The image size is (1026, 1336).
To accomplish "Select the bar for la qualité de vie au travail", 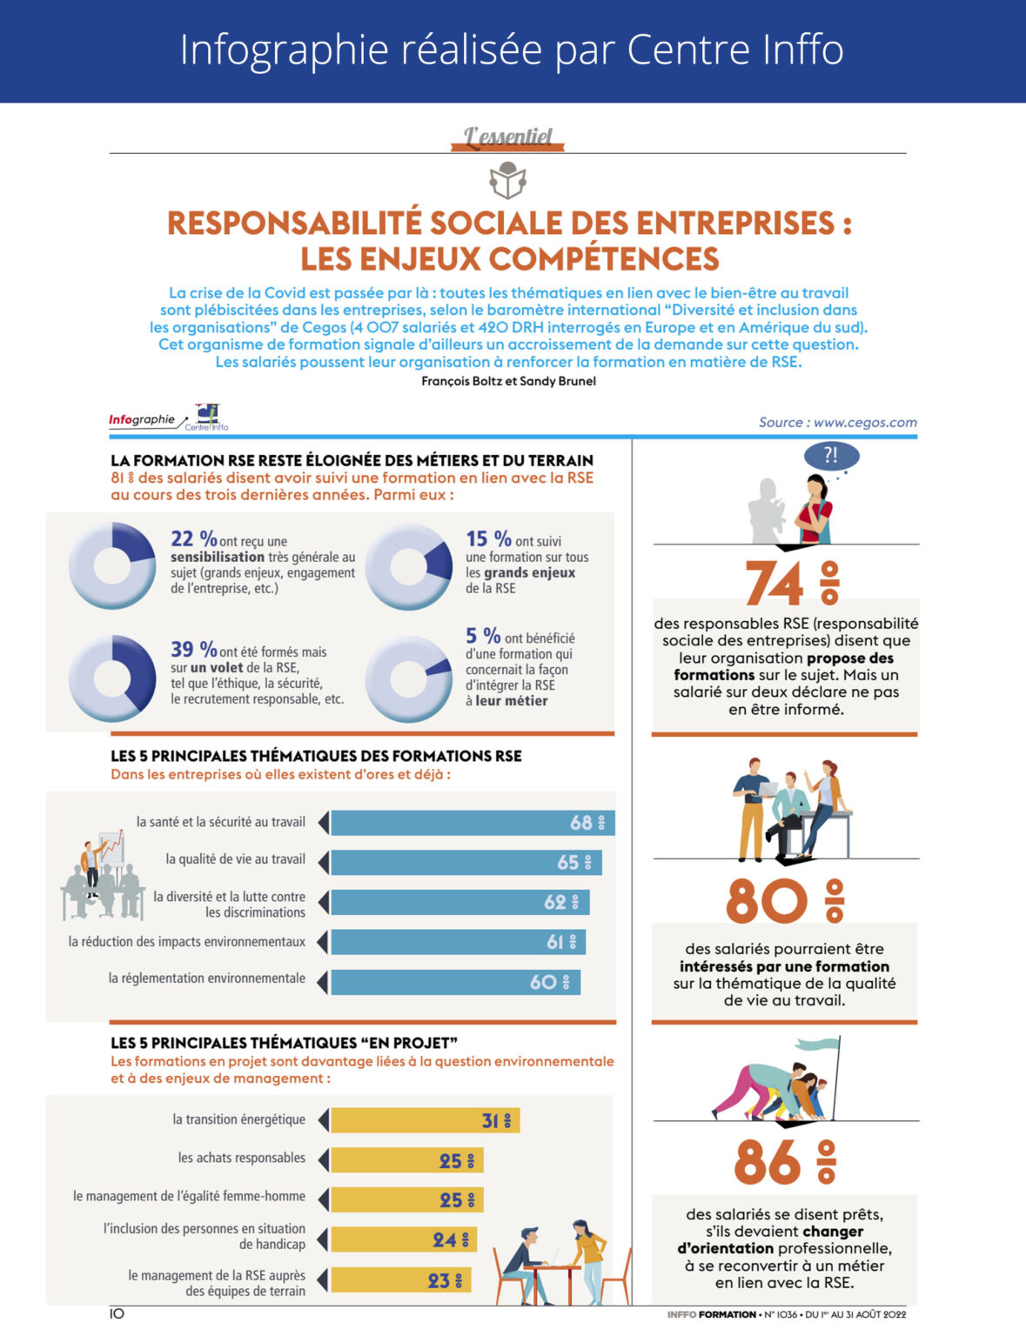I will pos(466,862).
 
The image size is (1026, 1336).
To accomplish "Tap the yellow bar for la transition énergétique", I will pos(425,1120).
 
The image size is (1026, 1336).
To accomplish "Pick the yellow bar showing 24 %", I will pos(403,1239).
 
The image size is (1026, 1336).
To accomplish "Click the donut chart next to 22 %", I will pos(112,566).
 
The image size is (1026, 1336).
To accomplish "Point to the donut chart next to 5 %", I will pos(408,678).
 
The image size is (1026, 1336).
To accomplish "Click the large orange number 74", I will pos(774,583).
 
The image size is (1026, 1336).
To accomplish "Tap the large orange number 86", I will pos(767,1162).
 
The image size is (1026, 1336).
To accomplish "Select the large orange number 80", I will pos(767,901).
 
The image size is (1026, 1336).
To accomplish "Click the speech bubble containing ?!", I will pos(831,455).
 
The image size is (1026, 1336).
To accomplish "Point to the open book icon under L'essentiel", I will pos(507,181).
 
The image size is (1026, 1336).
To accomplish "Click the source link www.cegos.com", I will pos(864,422).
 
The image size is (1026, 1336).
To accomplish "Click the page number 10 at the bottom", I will pos(117,1313).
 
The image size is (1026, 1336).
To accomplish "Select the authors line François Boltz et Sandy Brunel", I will pos(508,381).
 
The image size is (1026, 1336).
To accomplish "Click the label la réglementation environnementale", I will pos(206,979).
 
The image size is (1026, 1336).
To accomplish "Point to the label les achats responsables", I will pos(241,1158).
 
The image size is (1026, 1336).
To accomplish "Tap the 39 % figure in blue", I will pos(193,650).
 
